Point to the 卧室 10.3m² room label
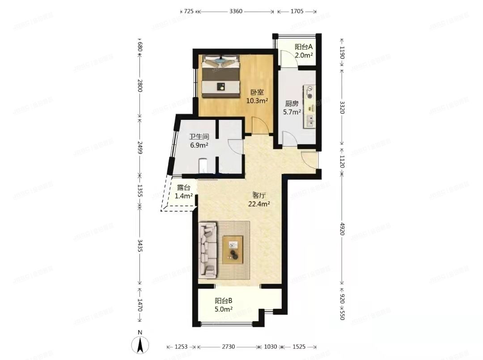[257, 97]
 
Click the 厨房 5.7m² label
[292, 108]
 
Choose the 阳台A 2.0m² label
[303, 51]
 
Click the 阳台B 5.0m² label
[223, 305]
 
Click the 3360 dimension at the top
[236, 11]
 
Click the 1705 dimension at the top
[297, 11]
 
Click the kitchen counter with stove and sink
[309, 106]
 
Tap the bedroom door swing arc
[257, 125]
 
